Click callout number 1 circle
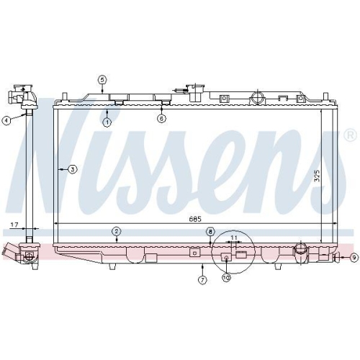pos(107,122)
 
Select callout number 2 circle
pos(115,230)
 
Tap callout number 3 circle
pos(72,170)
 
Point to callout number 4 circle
pos(6,121)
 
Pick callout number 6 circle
pos(161,118)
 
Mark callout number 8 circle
pos(210,231)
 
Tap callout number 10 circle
pos(226,277)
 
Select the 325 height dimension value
pos(317,176)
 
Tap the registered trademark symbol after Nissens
pos(349,135)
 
